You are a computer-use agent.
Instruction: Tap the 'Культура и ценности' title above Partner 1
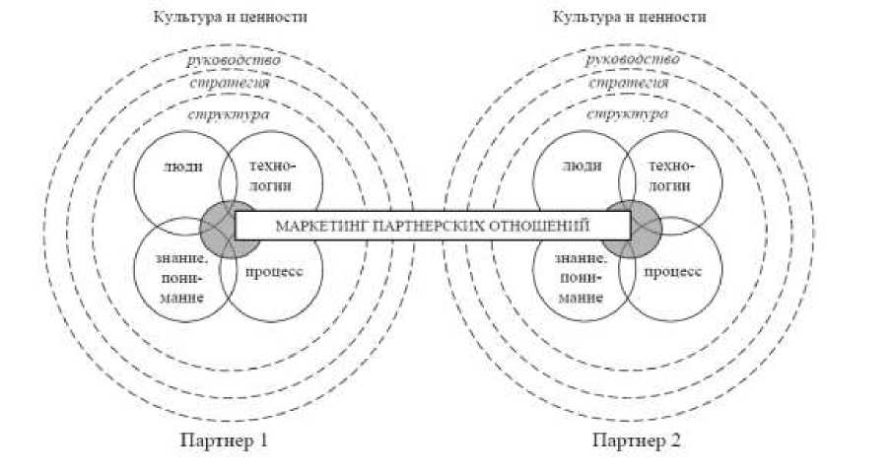coord(229,18)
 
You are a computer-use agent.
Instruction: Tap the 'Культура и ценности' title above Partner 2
coord(629,18)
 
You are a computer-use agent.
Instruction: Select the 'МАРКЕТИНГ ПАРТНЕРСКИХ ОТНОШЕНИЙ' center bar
coord(432,225)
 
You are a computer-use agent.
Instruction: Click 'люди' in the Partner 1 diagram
coord(183,167)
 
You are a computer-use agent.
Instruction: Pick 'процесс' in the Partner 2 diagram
coord(674,270)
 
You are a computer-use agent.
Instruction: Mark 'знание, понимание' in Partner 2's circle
coord(580,278)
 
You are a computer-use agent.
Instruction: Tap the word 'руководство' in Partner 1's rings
coord(234,61)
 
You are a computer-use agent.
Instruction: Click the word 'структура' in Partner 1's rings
coord(229,114)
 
